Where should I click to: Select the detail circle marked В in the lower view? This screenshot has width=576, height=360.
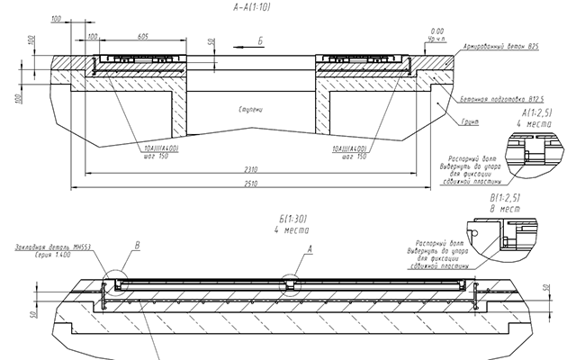(x=114, y=282)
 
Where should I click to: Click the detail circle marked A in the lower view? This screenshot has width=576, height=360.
(x=288, y=282)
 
